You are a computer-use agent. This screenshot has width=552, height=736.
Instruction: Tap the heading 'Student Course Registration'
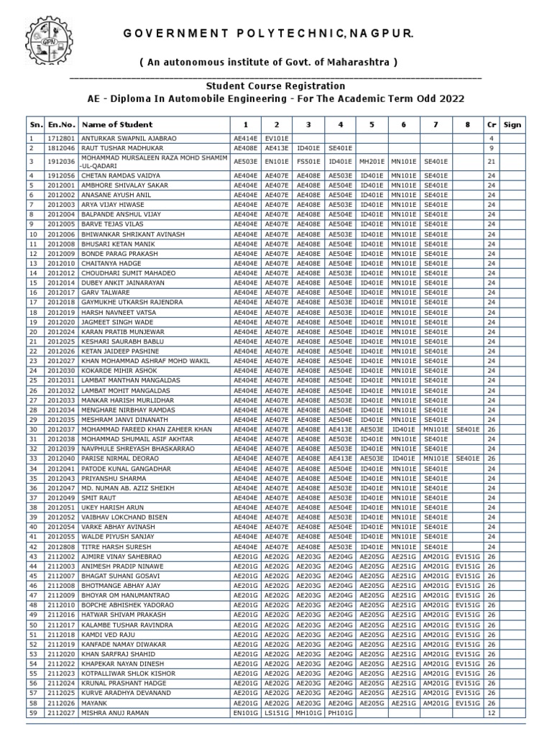click(275, 86)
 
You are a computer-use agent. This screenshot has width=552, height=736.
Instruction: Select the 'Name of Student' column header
click(116, 124)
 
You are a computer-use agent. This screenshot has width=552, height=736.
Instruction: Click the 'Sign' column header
click(512, 124)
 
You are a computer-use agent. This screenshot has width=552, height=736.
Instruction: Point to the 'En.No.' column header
click(62, 124)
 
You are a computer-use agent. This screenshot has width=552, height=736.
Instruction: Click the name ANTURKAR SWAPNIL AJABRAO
click(129, 138)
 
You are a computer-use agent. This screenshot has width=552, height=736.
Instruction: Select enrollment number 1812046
click(62, 147)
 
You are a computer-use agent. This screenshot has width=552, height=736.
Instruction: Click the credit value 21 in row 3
click(491, 162)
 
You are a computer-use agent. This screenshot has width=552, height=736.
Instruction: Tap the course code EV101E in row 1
click(276, 138)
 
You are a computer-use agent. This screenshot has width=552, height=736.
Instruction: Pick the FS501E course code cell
click(308, 162)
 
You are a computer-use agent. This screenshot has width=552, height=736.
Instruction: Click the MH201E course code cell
click(372, 162)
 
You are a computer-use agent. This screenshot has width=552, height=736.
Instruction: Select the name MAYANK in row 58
click(93, 703)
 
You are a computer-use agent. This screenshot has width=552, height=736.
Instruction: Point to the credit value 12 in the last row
click(491, 712)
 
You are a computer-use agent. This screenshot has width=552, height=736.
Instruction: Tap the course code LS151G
click(276, 712)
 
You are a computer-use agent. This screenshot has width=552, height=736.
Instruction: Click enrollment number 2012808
click(62, 547)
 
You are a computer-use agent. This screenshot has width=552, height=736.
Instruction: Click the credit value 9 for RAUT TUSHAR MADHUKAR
click(491, 147)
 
